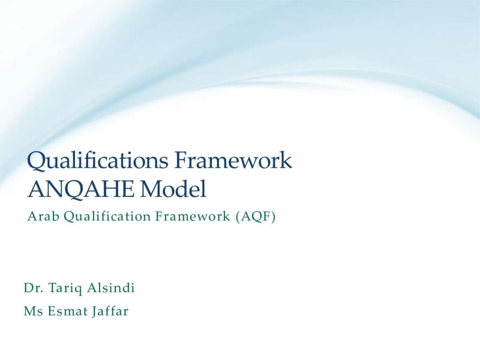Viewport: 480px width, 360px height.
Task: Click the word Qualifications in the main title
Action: pyautogui.click(x=97, y=160)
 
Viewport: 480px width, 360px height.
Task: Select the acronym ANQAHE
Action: pyautogui.click(x=81, y=189)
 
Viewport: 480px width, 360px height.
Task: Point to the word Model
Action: pyautogui.click(x=173, y=189)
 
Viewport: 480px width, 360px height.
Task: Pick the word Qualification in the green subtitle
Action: pyautogui.click(x=107, y=217)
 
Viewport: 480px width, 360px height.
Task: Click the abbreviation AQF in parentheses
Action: pyautogui.click(x=256, y=217)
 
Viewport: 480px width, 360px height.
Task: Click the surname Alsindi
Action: pyautogui.click(x=111, y=288)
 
